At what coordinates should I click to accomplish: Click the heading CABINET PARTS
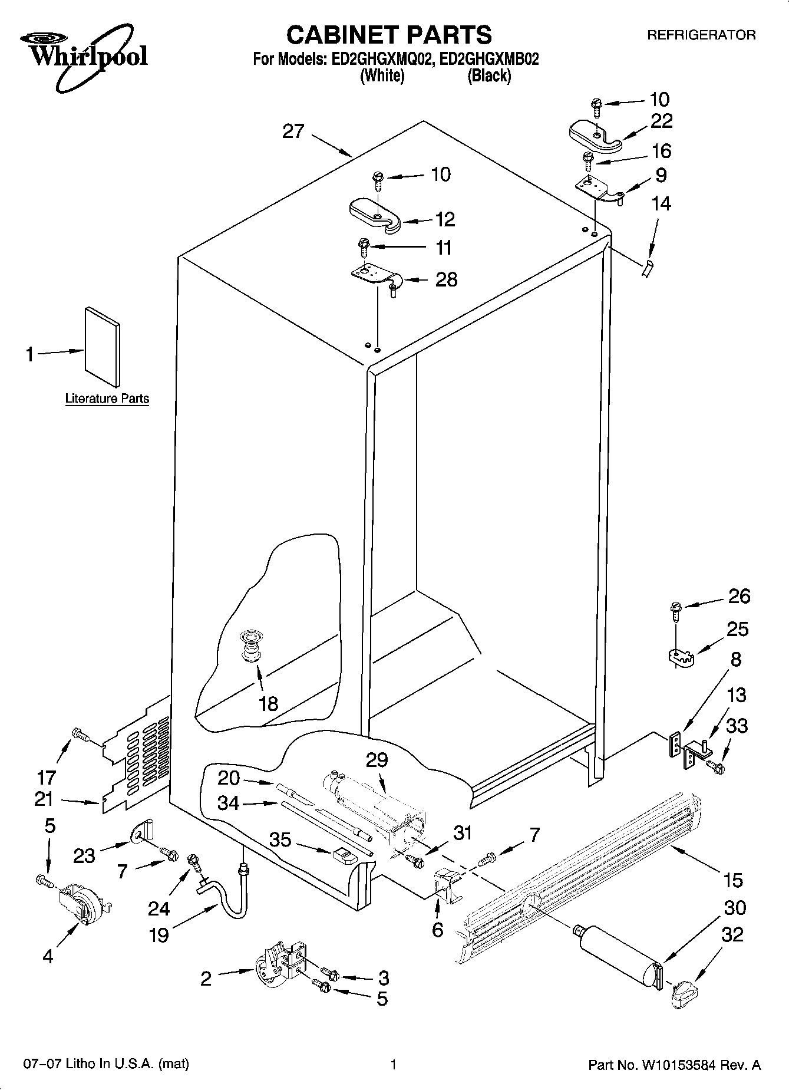click(x=389, y=35)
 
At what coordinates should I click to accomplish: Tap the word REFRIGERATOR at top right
click(x=701, y=35)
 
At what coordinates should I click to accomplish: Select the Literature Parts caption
click(x=107, y=399)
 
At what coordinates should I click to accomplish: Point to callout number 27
click(x=293, y=131)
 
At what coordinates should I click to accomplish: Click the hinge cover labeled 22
click(x=595, y=134)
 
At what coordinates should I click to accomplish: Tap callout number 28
click(x=446, y=279)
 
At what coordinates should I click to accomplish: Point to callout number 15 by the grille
click(x=733, y=880)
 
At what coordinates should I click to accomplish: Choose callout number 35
click(x=280, y=839)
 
